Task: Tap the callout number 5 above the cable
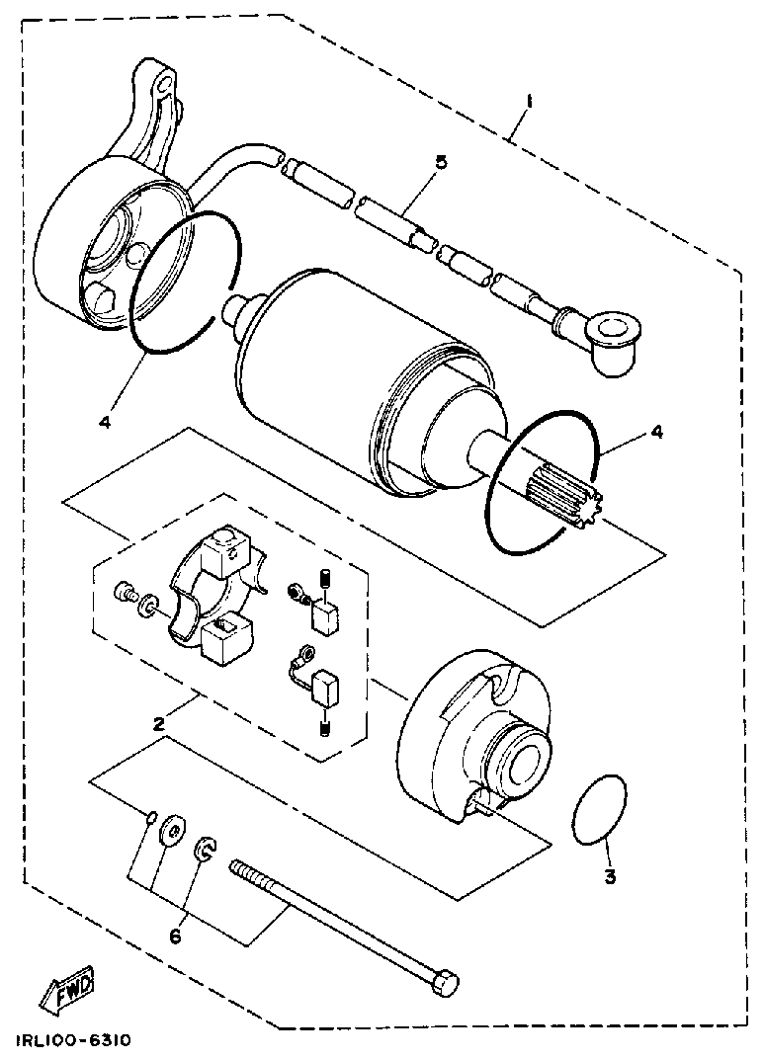(441, 162)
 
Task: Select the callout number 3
(610, 876)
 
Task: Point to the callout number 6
(176, 936)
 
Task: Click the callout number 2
(158, 723)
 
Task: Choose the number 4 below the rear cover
(104, 423)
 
